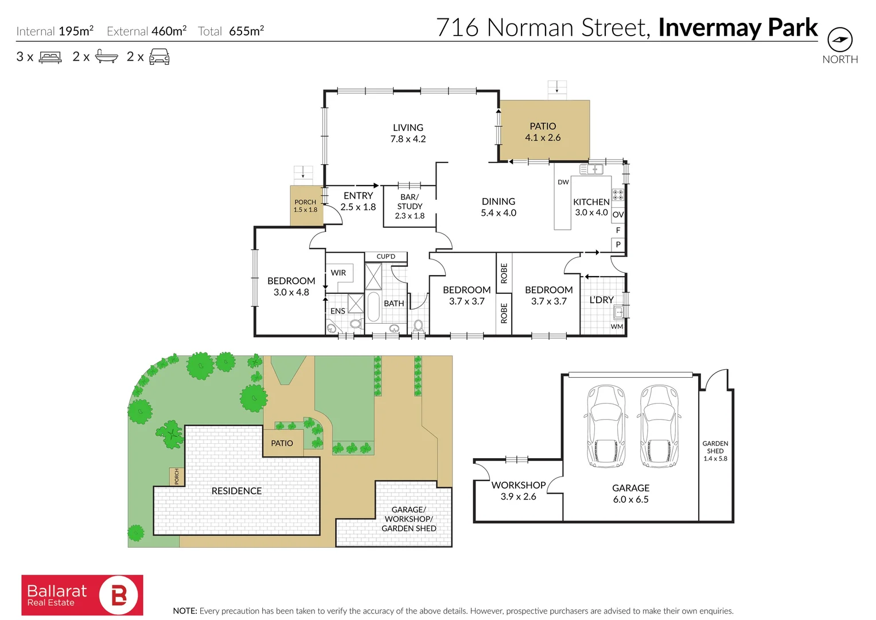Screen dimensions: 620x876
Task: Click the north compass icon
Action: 839,40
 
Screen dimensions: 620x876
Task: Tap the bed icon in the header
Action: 50,57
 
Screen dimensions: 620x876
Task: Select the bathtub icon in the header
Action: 106,56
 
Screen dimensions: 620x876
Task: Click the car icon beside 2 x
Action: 159,56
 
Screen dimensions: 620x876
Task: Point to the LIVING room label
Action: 408,133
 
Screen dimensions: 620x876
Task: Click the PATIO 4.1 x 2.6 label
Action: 543,131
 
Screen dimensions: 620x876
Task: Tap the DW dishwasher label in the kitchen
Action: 563,182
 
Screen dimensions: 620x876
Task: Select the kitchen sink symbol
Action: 591,169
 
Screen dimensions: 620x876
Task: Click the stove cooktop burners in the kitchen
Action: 617,195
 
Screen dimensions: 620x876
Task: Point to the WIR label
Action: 338,273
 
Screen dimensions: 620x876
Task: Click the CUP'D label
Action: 386,257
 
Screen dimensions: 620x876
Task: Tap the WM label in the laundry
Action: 617,327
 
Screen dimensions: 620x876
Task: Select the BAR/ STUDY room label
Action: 410,206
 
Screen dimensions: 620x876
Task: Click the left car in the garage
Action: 605,425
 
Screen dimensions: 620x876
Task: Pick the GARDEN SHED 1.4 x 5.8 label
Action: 715,451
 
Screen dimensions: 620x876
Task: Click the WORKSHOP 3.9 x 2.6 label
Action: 518,490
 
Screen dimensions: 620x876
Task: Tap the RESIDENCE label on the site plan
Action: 236,491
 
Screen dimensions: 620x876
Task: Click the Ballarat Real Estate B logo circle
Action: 119,595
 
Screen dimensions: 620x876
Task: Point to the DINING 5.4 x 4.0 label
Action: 498,207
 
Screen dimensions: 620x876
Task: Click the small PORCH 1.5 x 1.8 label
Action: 305,206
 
